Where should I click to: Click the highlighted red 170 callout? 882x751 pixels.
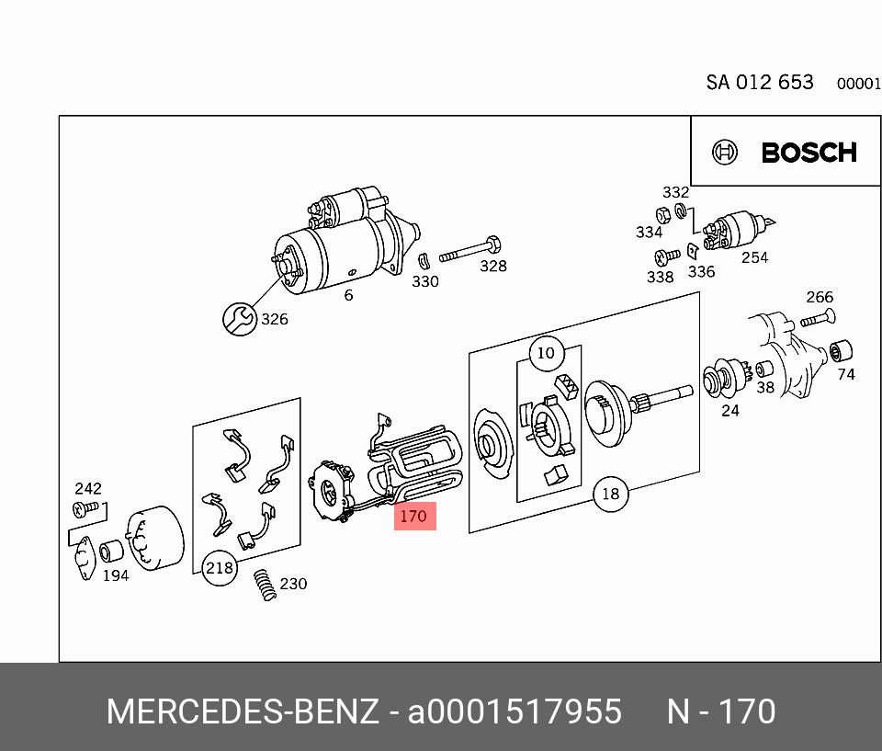413,516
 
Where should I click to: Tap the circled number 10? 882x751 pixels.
546,352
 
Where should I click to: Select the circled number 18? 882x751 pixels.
610,495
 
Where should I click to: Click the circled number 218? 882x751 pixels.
219,568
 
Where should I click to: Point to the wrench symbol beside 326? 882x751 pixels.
241,318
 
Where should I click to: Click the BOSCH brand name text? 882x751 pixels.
808,153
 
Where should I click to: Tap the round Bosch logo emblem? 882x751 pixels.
726,153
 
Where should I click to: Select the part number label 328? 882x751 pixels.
493,267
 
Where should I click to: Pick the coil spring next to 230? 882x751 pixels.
266,585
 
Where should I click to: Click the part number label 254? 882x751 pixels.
754,258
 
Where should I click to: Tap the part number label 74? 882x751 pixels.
845,375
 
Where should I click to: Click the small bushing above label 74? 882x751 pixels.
841,350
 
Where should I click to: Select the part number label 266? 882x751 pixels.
820,297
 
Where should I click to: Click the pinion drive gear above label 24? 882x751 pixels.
722,380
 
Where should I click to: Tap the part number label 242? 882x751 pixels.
88,489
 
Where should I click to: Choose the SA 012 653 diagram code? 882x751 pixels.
760,82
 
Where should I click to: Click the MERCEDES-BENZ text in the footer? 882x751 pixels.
243,712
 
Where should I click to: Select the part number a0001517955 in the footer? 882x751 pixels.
514,712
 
